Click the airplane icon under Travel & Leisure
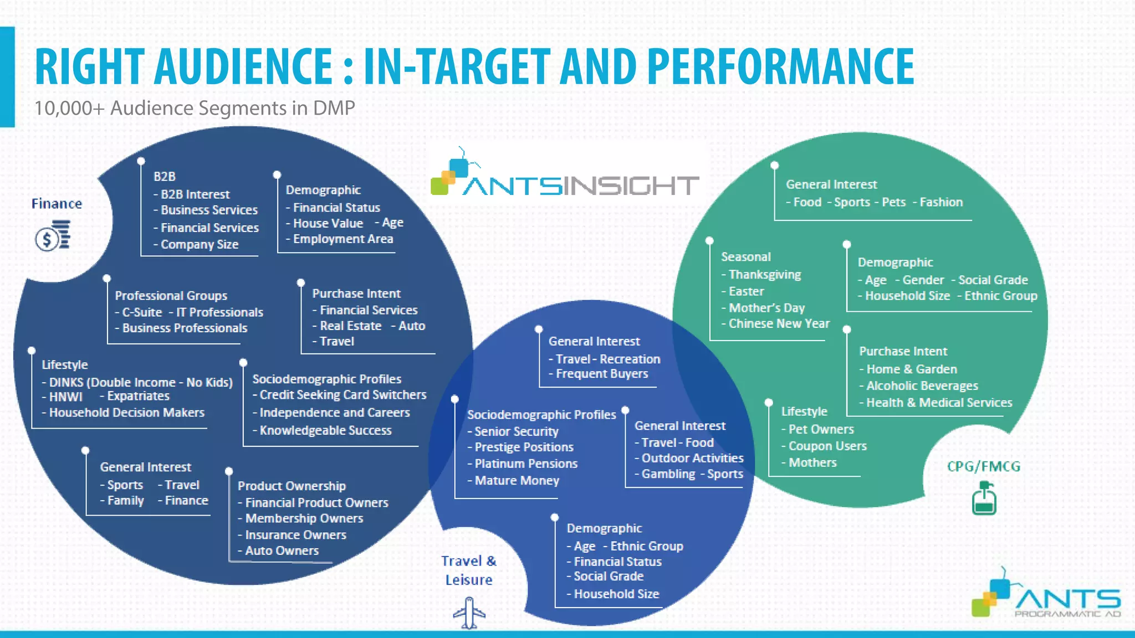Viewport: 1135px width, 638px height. pyautogui.click(x=469, y=613)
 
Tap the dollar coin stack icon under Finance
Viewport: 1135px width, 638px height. pyautogui.click(x=53, y=235)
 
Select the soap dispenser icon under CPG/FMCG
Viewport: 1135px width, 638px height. pyautogui.click(x=984, y=498)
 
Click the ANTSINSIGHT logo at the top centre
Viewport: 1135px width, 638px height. pyautogui.click(x=565, y=176)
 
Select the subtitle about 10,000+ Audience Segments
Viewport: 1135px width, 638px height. pyautogui.click(x=195, y=108)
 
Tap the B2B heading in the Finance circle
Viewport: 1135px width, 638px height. pyautogui.click(x=165, y=177)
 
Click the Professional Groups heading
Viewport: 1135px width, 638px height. pyautogui.click(x=171, y=296)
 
